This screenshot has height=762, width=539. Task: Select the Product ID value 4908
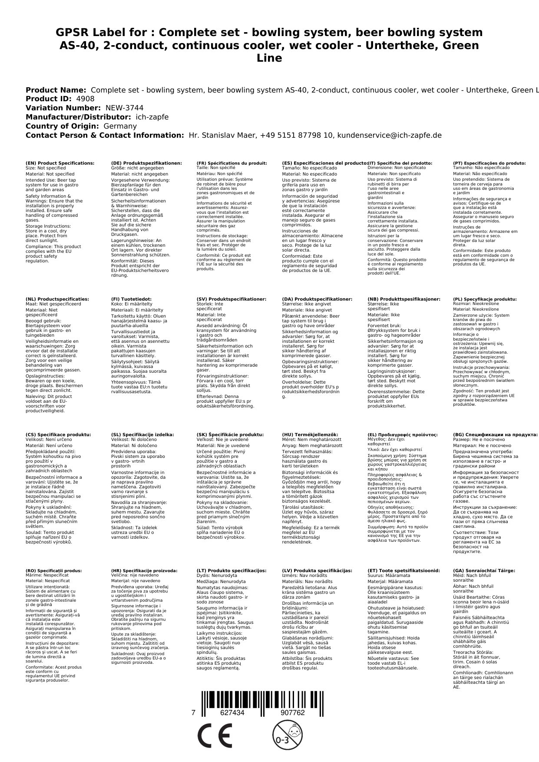tap(85, 99)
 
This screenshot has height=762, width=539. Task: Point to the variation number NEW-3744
tap(124, 108)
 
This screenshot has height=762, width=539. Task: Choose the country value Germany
tap(120, 126)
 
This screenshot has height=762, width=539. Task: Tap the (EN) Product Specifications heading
tap(60, 163)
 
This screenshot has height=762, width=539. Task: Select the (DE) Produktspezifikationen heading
tap(146, 163)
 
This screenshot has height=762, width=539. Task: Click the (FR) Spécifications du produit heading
tap(231, 163)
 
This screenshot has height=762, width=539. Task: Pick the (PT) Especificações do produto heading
tap(489, 163)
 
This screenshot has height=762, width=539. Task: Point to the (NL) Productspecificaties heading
tap(57, 299)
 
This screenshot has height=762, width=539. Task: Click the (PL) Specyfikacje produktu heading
tap(485, 299)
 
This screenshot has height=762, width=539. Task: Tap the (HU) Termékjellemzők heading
tap(310, 434)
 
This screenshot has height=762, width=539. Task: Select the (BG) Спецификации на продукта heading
tap(495, 434)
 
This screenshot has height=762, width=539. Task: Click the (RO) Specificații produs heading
tap(53, 570)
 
